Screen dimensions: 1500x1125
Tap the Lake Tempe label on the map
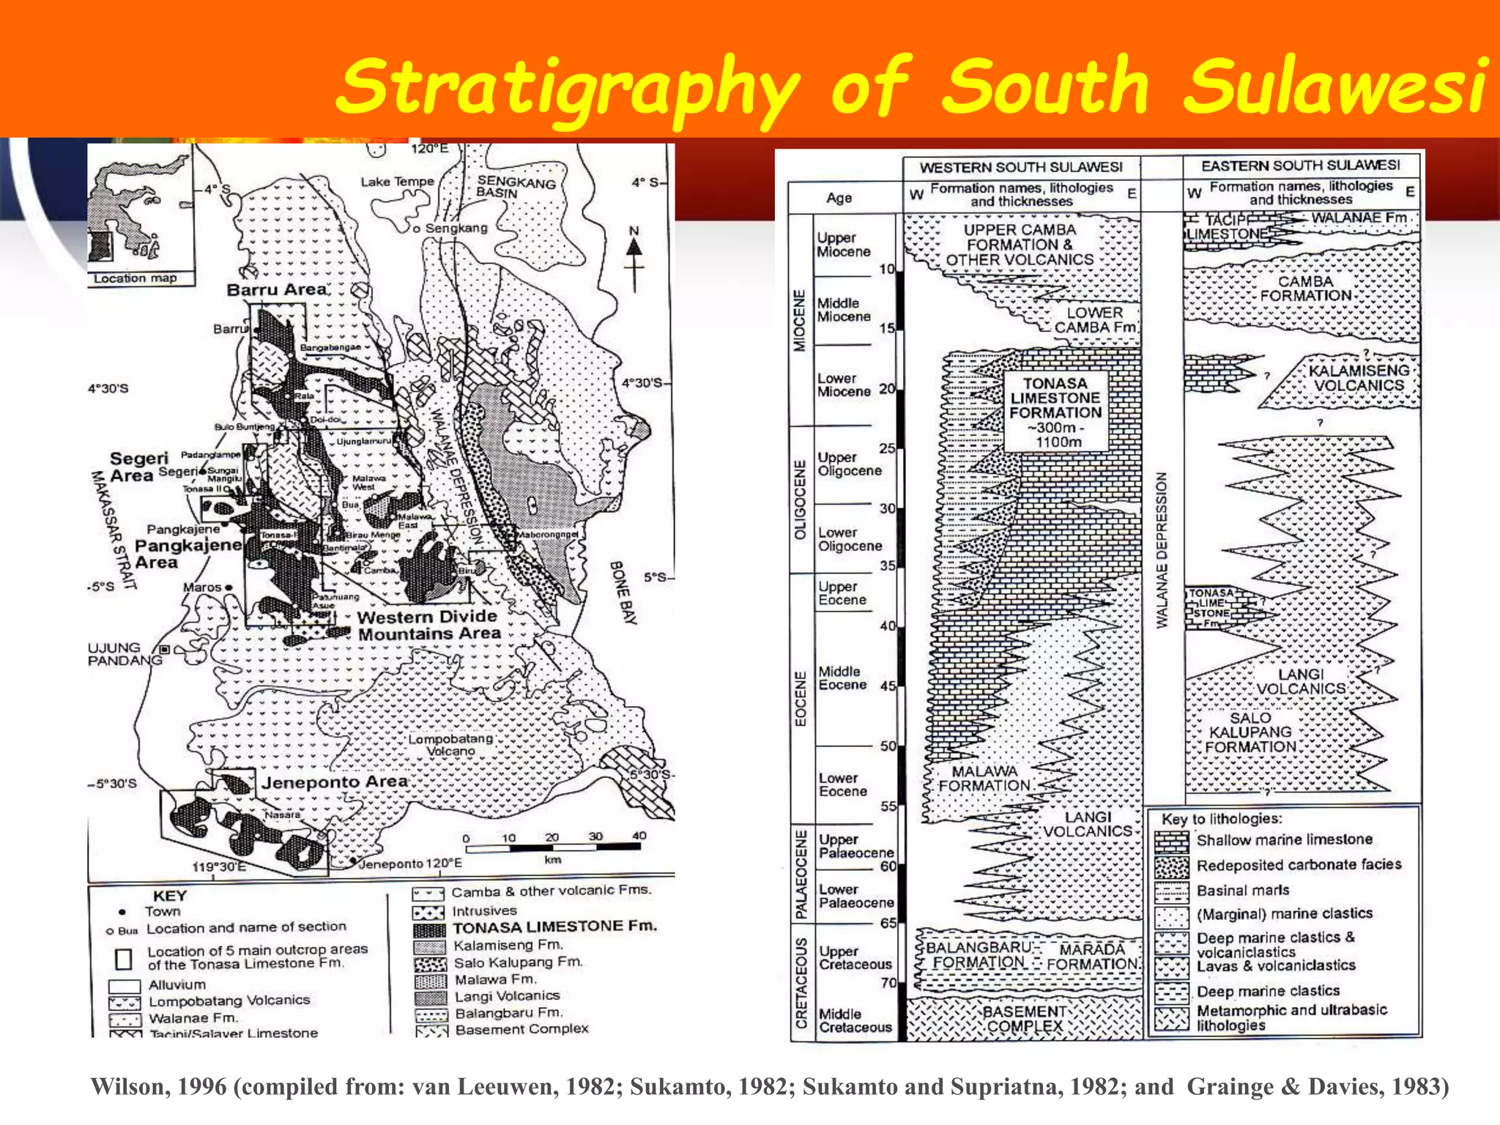pyautogui.click(x=397, y=182)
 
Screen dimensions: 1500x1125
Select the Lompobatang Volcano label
pyautogui.click(x=450, y=745)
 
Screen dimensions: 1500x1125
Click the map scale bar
pyautogui.click(x=552, y=847)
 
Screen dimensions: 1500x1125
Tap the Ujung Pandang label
pyautogui.click(x=123, y=654)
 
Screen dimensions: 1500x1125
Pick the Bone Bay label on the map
pyautogui.click(x=623, y=593)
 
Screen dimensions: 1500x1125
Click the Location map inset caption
pyautogui.click(x=135, y=278)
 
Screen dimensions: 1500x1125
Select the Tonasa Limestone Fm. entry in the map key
pyautogui.click(x=554, y=927)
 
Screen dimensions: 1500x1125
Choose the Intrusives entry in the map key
pyautogui.click(x=484, y=911)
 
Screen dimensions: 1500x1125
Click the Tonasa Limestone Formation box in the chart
pyautogui.click(x=1055, y=412)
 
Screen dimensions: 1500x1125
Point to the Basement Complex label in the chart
pyautogui.click(x=1025, y=1019)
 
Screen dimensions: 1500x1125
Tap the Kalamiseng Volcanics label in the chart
pyautogui.click(x=1359, y=378)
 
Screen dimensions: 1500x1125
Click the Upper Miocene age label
pyautogui.click(x=844, y=245)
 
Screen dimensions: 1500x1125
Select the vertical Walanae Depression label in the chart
pyautogui.click(x=1162, y=550)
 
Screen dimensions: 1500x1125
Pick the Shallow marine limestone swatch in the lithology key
pyautogui.click(x=1171, y=842)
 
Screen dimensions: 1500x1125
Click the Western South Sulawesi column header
pyautogui.click(x=1021, y=168)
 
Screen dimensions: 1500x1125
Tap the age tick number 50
pyautogui.click(x=888, y=746)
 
